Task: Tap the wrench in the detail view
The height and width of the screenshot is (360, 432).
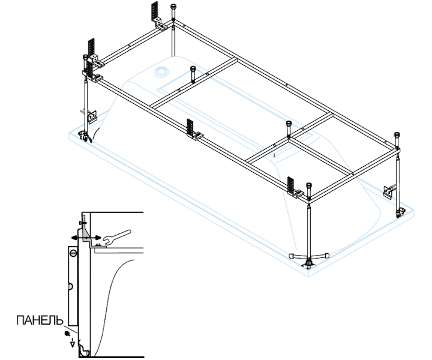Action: pyautogui.click(x=115, y=238)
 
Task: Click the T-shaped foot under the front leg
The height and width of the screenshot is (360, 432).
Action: pyautogui.click(x=308, y=259)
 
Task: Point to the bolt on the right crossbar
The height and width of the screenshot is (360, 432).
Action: pyautogui.click(x=289, y=126)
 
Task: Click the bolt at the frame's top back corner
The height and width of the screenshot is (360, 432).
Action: pyautogui.click(x=174, y=10)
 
